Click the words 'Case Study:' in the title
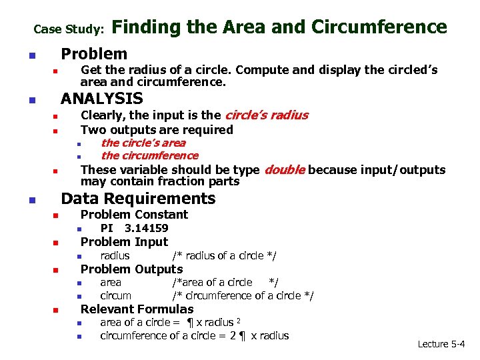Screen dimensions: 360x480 (69, 29)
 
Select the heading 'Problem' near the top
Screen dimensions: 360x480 (94, 53)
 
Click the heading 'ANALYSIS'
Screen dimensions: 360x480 (102, 99)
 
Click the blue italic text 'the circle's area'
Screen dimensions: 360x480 (143, 143)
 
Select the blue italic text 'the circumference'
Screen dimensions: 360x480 (149, 155)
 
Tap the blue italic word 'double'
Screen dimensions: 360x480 (285, 169)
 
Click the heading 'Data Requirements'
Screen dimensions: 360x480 (138, 198)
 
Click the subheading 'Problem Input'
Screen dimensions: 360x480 (124, 241)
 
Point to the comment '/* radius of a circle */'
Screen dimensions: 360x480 (224, 255)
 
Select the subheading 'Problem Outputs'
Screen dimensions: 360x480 (131, 269)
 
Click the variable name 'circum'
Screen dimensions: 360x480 (115, 295)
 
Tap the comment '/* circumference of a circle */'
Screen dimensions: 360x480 (243, 295)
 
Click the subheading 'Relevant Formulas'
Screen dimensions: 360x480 (137, 309)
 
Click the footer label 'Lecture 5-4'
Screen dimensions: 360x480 (441, 344)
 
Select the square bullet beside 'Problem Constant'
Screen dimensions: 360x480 (57, 215)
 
